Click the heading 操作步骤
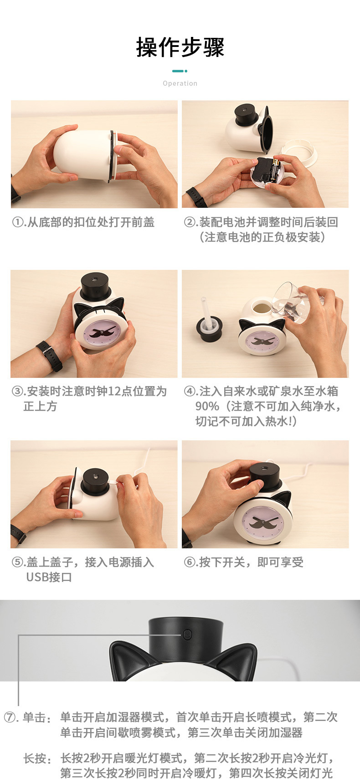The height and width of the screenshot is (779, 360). [180, 47]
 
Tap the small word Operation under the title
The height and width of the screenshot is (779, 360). [180, 83]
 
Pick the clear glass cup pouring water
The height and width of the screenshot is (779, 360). [292, 301]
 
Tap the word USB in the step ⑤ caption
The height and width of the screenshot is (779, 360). [37, 578]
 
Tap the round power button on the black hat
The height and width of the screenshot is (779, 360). [187, 634]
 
